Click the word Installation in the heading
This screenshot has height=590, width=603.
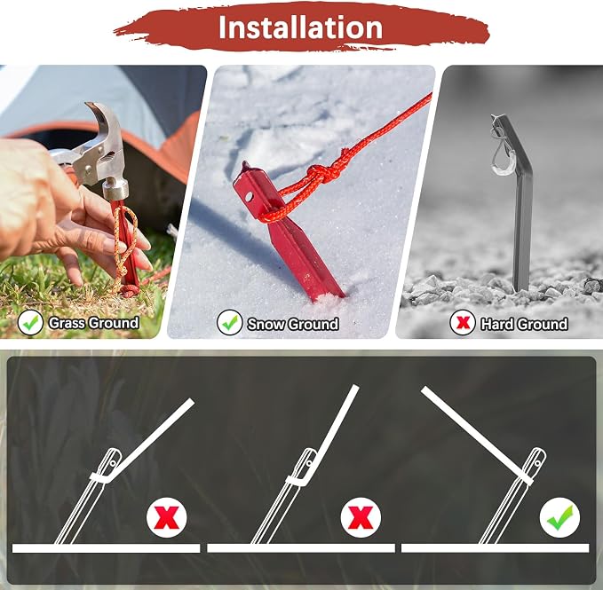click(x=300, y=28)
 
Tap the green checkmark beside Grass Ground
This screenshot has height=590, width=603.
click(x=30, y=323)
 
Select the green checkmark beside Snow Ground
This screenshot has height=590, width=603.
click(x=230, y=323)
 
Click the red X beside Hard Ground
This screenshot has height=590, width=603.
click(x=463, y=323)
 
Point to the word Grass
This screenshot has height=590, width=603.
click(x=67, y=323)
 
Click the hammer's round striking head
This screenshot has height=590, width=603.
click(x=115, y=189)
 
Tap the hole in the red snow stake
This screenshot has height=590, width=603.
click(x=249, y=197)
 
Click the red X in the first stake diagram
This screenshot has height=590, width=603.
click(x=167, y=517)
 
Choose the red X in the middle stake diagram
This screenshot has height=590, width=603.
click(x=361, y=517)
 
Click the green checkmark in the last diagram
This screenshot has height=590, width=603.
click(x=559, y=517)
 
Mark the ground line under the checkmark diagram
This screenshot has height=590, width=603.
click(x=496, y=548)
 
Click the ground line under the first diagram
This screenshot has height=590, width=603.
click(x=107, y=548)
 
